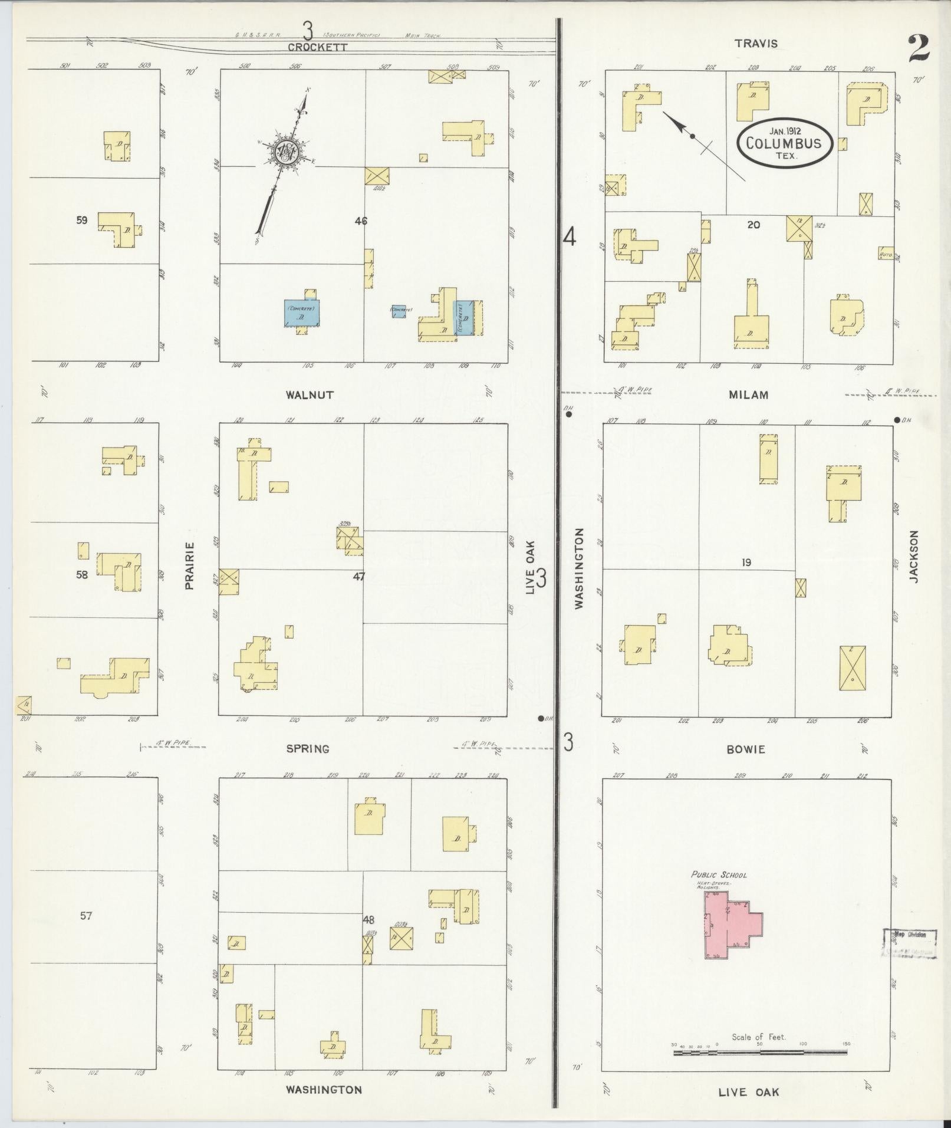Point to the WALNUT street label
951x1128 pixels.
coord(310,395)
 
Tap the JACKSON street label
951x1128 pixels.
coord(914,557)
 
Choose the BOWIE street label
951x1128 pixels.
coord(746,749)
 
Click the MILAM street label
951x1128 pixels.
coord(749,395)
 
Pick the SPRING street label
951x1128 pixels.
coord(308,749)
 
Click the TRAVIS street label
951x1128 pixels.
coord(756,44)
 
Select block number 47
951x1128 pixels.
coord(358,577)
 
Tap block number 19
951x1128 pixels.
coord(746,563)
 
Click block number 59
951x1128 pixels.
coord(81,221)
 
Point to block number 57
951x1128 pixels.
coord(86,932)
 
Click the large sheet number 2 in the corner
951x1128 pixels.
coord(919,48)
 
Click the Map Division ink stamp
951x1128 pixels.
coord(909,951)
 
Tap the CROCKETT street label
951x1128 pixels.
coord(310,47)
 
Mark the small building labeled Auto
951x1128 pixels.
coord(886,254)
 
